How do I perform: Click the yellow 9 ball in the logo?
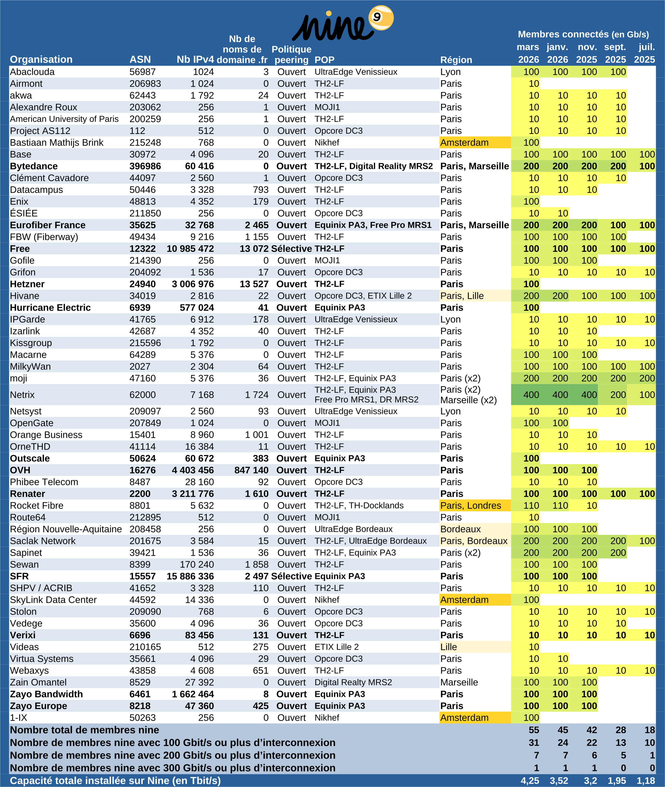click(x=381, y=17)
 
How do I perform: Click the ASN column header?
click(x=140, y=60)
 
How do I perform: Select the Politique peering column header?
click(x=291, y=54)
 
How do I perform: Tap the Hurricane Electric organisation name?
click(x=50, y=307)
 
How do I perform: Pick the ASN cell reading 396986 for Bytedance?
click(x=145, y=166)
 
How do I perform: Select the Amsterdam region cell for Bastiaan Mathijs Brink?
click(x=464, y=142)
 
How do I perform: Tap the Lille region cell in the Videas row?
click(x=448, y=647)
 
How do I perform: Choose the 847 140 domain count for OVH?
click(x=251, y=470)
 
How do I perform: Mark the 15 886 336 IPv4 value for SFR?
click(x=190, y=576)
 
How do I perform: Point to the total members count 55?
click(x=533, y=730)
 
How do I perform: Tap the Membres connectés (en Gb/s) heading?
click(x=583, y=34)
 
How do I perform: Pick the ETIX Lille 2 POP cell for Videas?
click(x=336, y=647)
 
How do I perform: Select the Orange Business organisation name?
click(x=46, y=435)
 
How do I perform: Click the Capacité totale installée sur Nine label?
click(x=115, y=781)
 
